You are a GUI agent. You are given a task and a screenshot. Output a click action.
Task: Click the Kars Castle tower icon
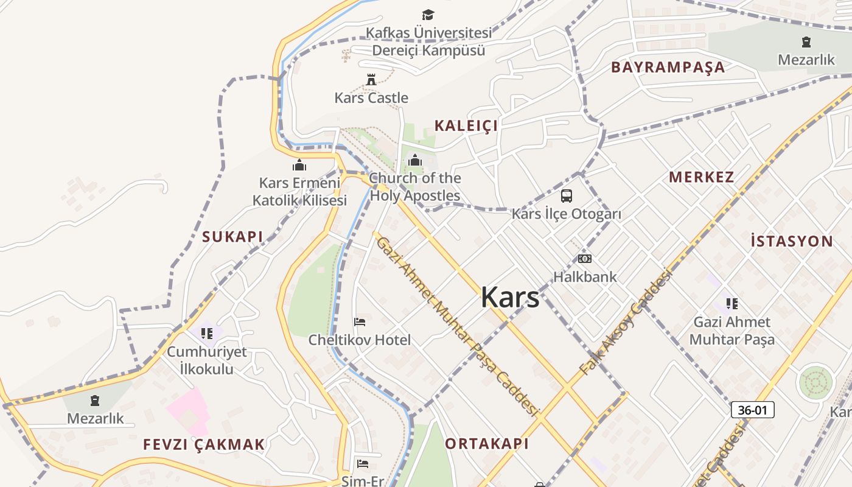point(371,79)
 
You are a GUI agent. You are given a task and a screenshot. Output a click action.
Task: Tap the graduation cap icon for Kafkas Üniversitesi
point(428,15)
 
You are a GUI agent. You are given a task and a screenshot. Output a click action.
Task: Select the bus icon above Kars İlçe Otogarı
point(567,196)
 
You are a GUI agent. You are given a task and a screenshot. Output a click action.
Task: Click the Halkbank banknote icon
point(585,259)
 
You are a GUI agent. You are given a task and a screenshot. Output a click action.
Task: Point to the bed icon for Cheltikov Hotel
point(360,322)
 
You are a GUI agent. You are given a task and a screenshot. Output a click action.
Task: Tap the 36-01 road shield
point(752,410)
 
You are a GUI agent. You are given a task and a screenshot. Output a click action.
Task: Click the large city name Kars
point(510,297)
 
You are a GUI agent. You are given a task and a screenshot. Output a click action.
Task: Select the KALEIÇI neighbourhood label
point(466,125)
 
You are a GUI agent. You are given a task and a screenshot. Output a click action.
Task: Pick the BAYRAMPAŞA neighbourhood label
point(668,67)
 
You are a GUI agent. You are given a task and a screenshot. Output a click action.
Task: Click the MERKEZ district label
point(702,177)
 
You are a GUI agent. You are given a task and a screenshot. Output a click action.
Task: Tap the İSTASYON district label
point(792,241)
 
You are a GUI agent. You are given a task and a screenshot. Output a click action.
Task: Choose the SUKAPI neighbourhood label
point(232,237)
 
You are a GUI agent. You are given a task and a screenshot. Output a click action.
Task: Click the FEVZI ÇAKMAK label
point(204,444)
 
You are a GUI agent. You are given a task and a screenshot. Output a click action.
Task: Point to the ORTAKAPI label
point(487,443)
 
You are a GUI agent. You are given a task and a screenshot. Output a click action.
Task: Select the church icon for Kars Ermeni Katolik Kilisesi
point(299,165)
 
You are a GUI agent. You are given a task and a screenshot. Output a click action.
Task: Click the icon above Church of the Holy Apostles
point(415,161)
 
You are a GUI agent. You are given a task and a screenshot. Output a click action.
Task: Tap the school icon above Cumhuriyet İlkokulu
point(207,334)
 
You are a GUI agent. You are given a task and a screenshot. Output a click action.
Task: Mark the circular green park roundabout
point(815,382)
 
